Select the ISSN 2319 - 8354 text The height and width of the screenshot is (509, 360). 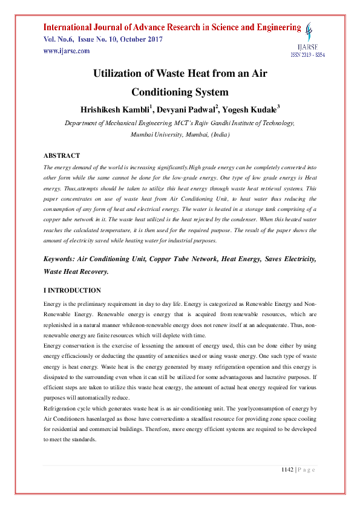[308, 54]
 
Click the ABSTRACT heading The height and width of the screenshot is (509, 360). [62, 155]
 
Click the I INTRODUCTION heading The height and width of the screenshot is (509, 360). [73, 291]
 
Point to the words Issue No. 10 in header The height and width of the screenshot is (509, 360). [85, 39]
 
